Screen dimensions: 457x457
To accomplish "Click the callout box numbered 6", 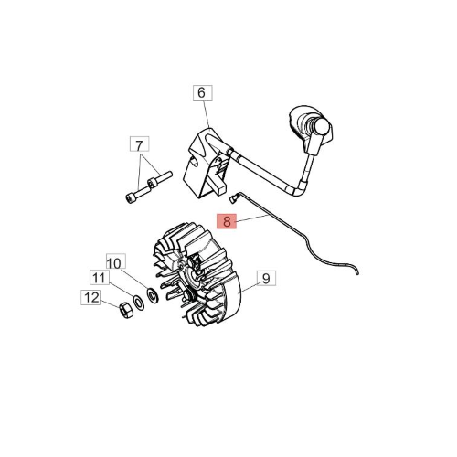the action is click(203, 93).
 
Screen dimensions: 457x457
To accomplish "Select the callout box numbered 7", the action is click(140, 144).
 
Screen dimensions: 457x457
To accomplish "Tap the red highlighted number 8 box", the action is click(227, 221).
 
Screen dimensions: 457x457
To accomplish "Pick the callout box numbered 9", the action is click(266, 278).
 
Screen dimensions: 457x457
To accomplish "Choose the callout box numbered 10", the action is click(116, 261).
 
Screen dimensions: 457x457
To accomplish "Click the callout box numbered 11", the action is click(100, 277).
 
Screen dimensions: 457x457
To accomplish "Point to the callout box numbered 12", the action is click(90, 298).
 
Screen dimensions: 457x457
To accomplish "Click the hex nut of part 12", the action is click(125, 311).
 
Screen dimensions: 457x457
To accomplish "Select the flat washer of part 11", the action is click(139, 303).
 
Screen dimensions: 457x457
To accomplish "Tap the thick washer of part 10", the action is click(153, 295).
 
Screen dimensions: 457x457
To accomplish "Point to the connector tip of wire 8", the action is click(232, 199).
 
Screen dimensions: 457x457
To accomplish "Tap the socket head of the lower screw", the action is click(130, 198).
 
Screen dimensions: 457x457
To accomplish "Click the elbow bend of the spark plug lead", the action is click(299, 190).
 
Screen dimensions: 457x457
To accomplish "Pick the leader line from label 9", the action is click(249, 288).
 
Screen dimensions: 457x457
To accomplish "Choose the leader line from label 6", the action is click(207, 113).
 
